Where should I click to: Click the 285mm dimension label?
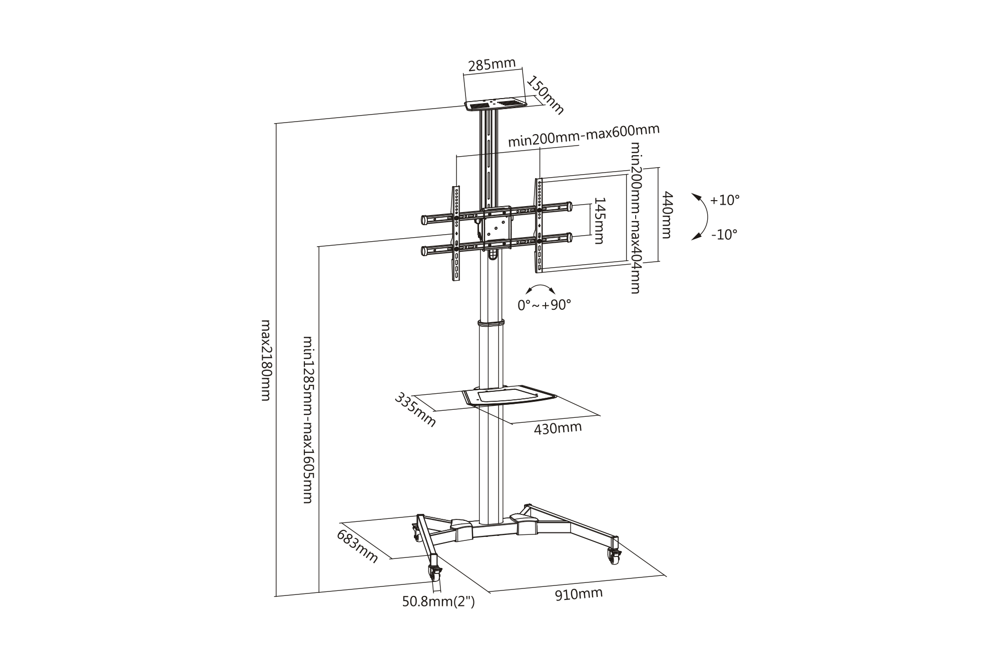coord(491,65)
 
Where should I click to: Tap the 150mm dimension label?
coord(545,95)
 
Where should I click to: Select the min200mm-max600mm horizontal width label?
coord(584,135)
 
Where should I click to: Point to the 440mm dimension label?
coord(667,215)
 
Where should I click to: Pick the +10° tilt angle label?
coord(724,200)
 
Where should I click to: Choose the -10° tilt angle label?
coord(724,234)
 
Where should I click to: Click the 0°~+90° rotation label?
coord(544,304)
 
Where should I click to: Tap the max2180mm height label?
coord(266,360)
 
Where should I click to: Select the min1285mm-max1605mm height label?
coord(308,420)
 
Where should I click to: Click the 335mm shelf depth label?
coord(415,410)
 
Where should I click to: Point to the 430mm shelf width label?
coord(558,428)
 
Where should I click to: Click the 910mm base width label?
coord(579,594)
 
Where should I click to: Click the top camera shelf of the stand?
coord(495,105)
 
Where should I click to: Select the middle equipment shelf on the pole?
coord(509,395)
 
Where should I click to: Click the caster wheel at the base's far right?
coord(614,555)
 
